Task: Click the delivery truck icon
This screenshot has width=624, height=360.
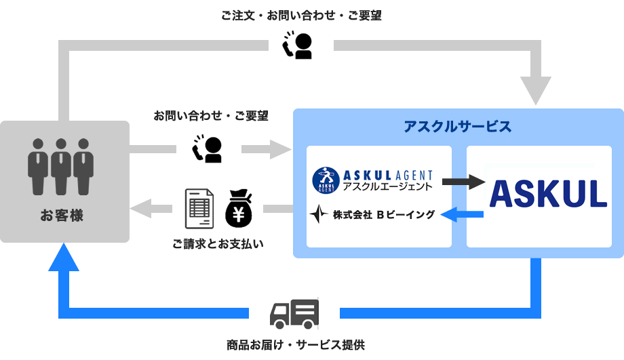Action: tap(294, 313)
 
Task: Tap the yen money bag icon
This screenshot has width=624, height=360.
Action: tap(238, 208)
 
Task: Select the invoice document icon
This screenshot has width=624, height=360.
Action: tap(199, 208)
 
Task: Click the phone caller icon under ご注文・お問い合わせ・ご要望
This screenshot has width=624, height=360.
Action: tap(297, 45)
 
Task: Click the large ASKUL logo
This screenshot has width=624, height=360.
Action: tap(548, 193)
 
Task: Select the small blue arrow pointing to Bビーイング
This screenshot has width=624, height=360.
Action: tap(462, 215)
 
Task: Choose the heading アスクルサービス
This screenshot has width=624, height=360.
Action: tap(457, 127)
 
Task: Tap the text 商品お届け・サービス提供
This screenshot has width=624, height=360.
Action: tap(295, 344)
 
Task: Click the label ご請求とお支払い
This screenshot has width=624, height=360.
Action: tap(218, 242)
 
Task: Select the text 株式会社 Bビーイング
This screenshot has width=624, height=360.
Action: tap(383, 215)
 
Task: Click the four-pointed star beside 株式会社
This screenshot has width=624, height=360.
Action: tap(319, 214)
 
